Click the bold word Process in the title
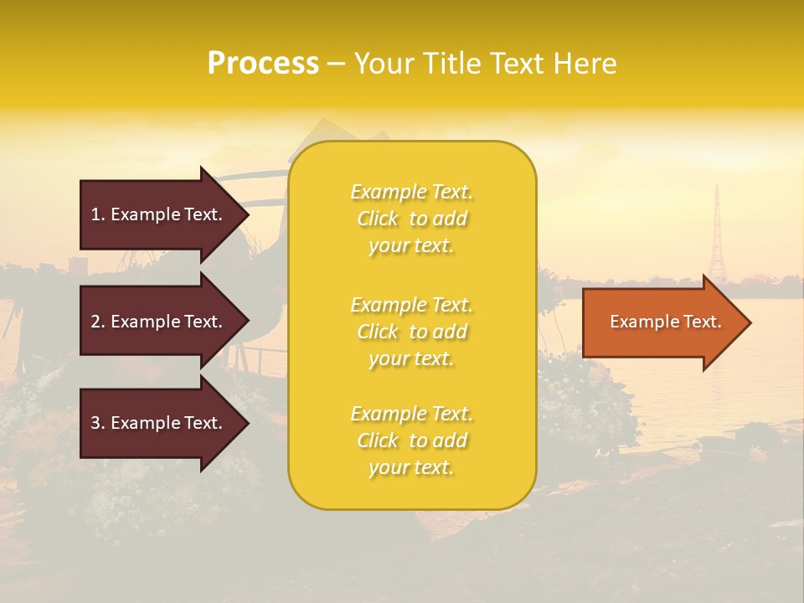coord(263,64)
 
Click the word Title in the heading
coord(448,64)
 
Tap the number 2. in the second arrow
coord(98,322)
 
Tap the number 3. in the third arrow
coord(98,424)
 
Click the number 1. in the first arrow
coord(98,214)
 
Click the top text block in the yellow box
coord(411,219)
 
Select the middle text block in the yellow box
coord(411,332)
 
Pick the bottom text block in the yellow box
coord(411,441)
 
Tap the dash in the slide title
coord(336,64)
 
